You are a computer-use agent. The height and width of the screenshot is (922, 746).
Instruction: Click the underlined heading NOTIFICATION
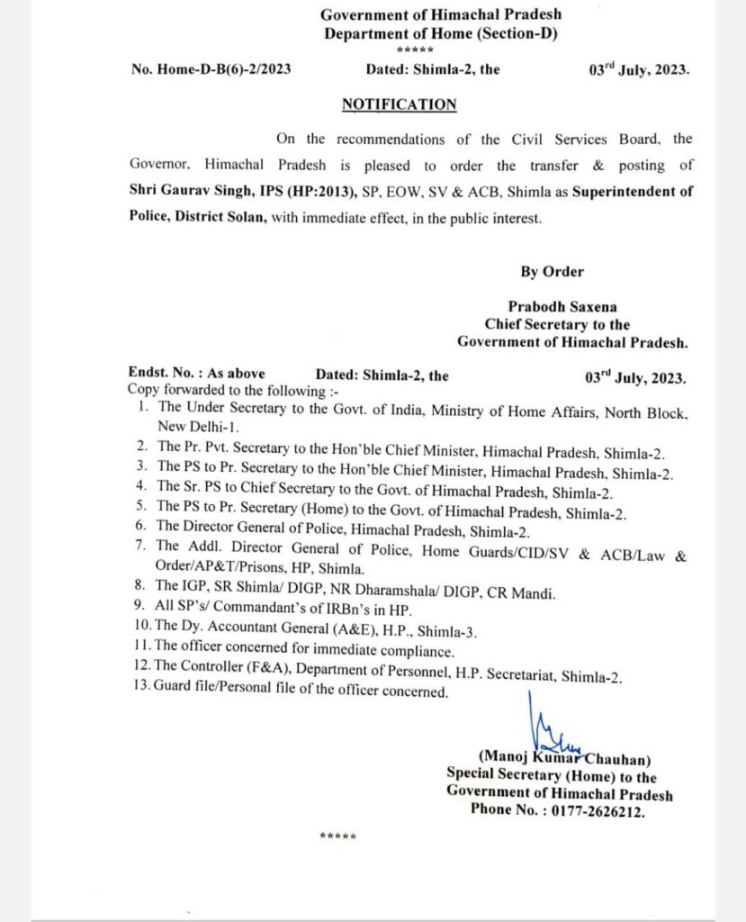click(x=399, y=104)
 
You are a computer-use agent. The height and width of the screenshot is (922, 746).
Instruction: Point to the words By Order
click(x=552, y=271)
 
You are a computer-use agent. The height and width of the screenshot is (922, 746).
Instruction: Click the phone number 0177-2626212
click(x=602, y=809)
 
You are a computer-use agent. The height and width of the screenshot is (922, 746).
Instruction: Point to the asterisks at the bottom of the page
click(x=338, y=836)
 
